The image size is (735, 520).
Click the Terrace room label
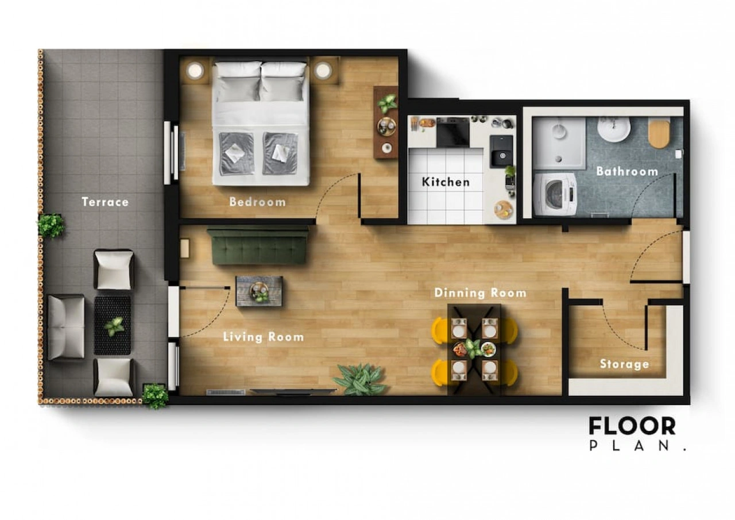(x=105, y=202)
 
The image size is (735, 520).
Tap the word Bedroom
(x=258, y=202)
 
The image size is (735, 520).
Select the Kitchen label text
(x=446, y=182)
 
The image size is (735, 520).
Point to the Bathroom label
(x=627, y=171)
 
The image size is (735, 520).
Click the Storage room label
(x=624, y=364)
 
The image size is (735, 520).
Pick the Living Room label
(x=264, y=337)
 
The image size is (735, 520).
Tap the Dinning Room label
(x=481, y=293)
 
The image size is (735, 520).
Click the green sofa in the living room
(x=258, y=247)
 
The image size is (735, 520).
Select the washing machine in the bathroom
(x=555, y=194)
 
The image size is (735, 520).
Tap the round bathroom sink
(x=614, y=129)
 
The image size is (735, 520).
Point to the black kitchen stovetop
(x=453, y=132)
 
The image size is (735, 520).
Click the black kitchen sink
(x=501, y=151)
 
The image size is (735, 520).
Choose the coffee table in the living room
(x=259, y=291)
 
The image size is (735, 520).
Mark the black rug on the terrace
(x=113, y=325)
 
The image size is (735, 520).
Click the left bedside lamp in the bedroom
(x=195, y=71)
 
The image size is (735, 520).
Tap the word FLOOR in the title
(x=632, y=426)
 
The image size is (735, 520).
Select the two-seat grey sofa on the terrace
(x=66, y=327)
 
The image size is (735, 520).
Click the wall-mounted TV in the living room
(x=293, y=391)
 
